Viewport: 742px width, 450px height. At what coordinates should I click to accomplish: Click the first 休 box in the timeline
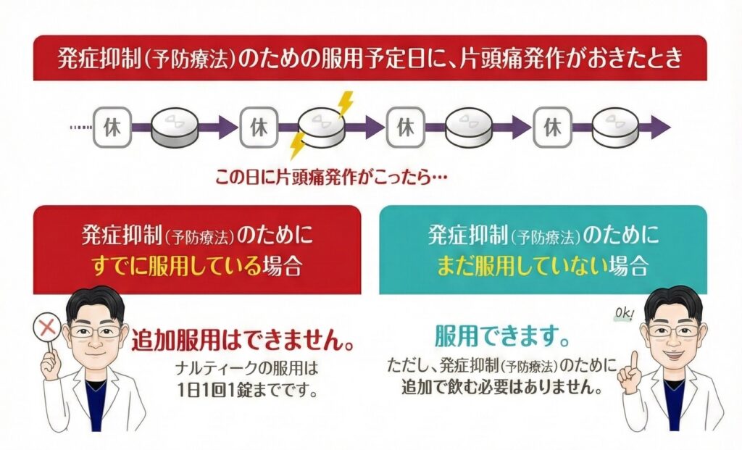click(x=112, y=128)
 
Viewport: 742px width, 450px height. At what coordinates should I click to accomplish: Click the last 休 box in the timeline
click(x=552, y=128)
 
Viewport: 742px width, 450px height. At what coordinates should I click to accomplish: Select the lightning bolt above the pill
click(x=345, y=104)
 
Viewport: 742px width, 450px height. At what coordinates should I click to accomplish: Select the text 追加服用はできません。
click(x=243, y=341)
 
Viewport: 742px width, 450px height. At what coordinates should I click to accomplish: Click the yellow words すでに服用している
click(x=175, y=266)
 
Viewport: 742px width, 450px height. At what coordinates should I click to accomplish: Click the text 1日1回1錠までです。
click(x=248, y=391)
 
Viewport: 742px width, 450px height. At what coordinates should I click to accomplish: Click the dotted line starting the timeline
click(x=80, y=128)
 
